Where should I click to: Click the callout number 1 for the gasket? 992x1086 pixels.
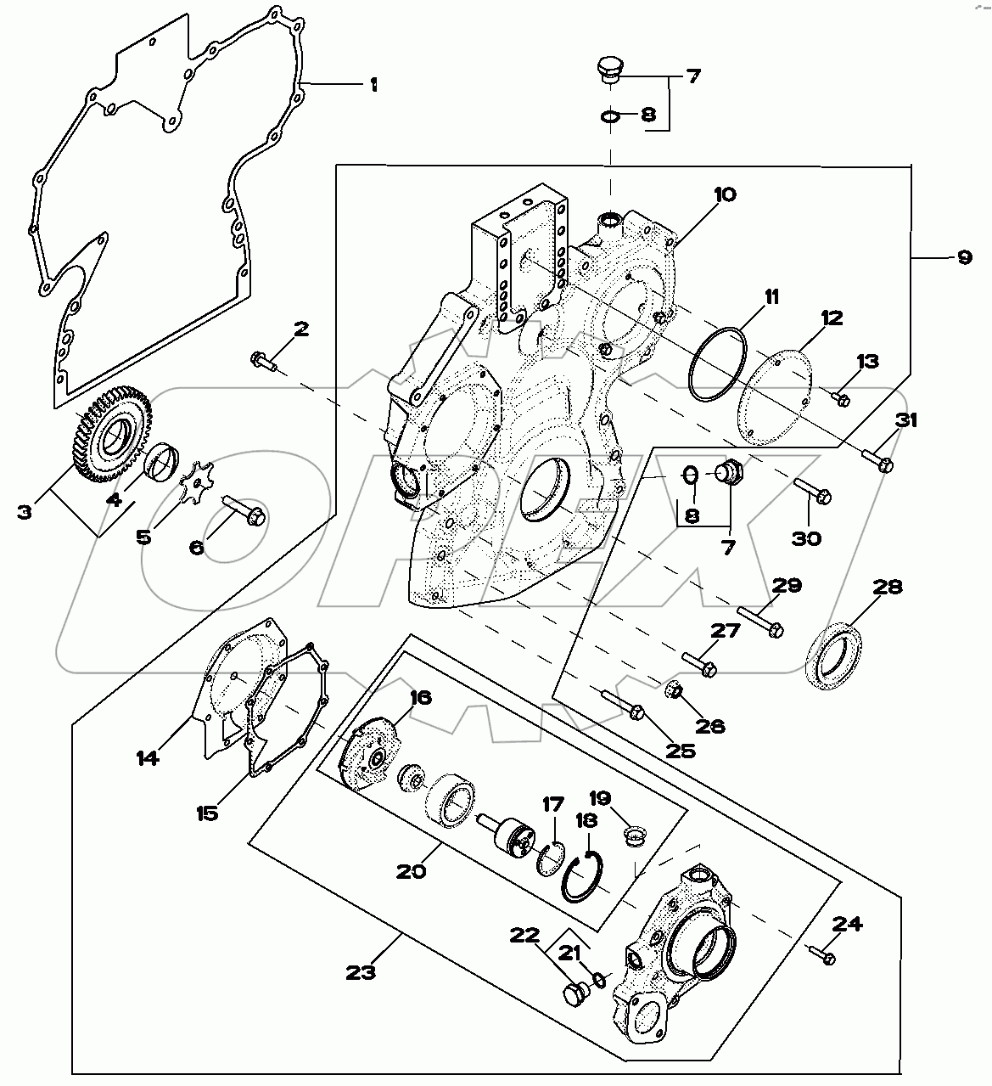[x=373, y=85]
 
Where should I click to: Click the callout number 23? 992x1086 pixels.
[x=361, y=971]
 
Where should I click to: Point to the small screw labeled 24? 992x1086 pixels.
[x=819, y=954]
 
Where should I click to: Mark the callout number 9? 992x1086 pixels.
[x=964, y=256]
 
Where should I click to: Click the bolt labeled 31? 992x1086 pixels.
[x=877, y=460]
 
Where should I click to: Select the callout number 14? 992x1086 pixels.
[x=148, y=757]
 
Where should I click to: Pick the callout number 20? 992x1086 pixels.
[x=412, y=871]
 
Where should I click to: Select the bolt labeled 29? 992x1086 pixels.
[x=760, y=622]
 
